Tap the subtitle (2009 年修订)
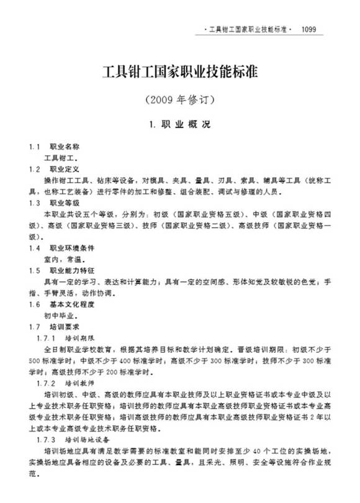click(179, 99)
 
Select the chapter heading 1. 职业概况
click(179, 124)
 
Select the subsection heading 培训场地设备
click(88, 439)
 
